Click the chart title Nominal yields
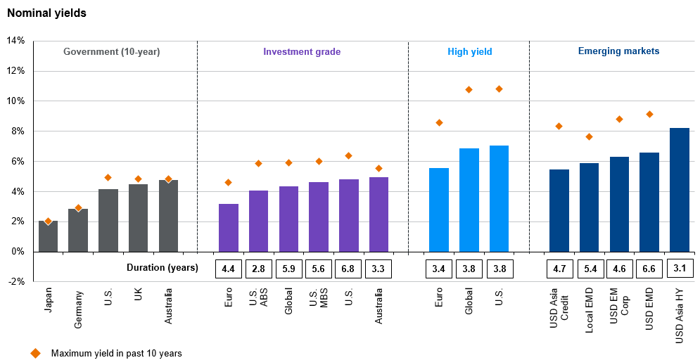coord(46,13)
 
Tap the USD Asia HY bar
coord(680,190)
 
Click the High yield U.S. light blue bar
coord(499,198)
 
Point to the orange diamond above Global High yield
coord(469,89)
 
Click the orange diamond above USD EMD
coord(649,114)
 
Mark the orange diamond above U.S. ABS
coord(258,163)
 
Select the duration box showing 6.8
coord(349,268)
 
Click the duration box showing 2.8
coord(258,268)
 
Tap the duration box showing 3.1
coord(680,268)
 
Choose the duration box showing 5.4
coord(590,268)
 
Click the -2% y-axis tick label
coord(15,281)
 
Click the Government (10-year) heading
coord(112,51)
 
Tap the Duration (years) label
coord(163,268)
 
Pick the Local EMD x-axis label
coord(590,309)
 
